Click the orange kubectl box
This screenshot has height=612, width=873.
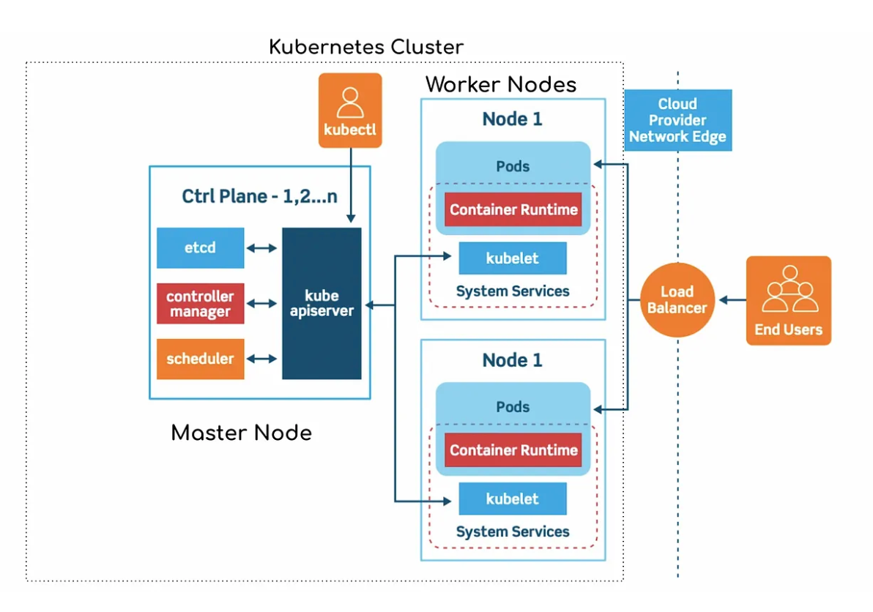[350, 111]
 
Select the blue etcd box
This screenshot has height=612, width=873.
[200, 248]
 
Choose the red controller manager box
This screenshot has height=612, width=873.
[200, 304]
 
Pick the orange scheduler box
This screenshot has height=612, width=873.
[200, 359]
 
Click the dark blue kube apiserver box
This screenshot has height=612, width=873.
[322, 303]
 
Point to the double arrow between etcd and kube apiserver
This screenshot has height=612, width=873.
[262, 248]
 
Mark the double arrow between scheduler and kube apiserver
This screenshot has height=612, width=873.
[262, 359]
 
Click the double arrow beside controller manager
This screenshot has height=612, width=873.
[262, 304]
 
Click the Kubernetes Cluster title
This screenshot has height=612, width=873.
[366, 48]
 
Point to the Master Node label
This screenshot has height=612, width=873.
[241, 433]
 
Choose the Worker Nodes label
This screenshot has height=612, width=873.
[501, 84]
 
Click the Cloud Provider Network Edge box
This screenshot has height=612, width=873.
[677, 120]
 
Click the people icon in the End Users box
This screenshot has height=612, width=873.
[789, 290]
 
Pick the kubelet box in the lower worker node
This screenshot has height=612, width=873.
[513, 499]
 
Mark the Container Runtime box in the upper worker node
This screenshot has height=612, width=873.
[513, 210]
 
